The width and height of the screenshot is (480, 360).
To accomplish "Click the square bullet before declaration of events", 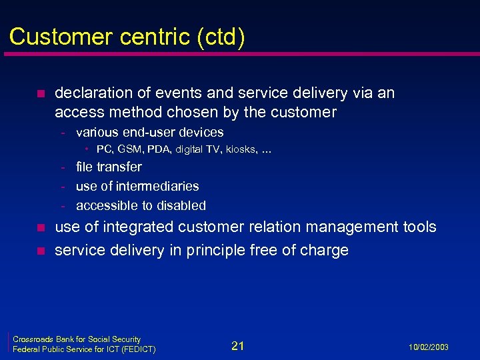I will pyautogui.click(x=39, y=93).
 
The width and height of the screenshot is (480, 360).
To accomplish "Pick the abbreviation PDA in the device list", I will pyautogui.click(x=162, y=149).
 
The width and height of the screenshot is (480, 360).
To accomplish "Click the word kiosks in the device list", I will pyautogui.click(x=239, y=149).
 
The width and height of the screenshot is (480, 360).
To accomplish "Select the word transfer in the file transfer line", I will pyautogui.click(x=119, y=167).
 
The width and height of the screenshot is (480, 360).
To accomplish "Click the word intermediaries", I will pyautogui.click(x=157, y=186).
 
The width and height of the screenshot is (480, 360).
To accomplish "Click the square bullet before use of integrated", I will pyautogui.click(x=39, y=228).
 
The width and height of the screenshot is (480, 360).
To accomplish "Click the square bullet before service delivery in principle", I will pyautogui.click(x=39, y=251).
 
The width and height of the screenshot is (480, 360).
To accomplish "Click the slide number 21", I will pyautogui.click(x=238, y=345).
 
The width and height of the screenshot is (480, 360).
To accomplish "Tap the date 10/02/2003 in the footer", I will pyautogui.click(x=428, y=347).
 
